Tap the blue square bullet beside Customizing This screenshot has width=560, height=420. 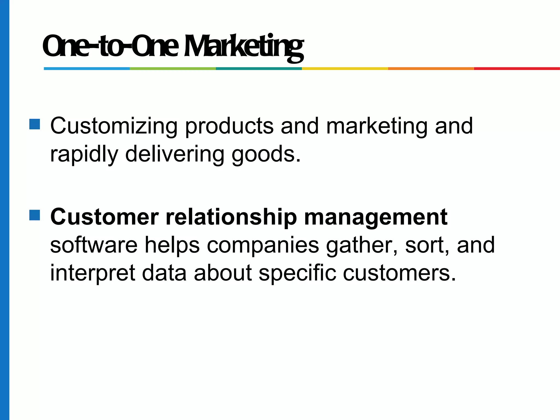click(x=35, y=124)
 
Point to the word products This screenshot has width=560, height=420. click(x=229, y=126)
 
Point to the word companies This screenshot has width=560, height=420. click(x=263, y=246)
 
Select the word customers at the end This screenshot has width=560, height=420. click(x=399, y=273)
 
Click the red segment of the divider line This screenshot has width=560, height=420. click(x=517, y=69)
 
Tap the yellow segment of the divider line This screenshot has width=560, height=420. click(x=345, y=69)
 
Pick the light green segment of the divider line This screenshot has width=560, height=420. click(x=173, y=69)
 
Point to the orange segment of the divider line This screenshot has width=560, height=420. click(x=431, y=69)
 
